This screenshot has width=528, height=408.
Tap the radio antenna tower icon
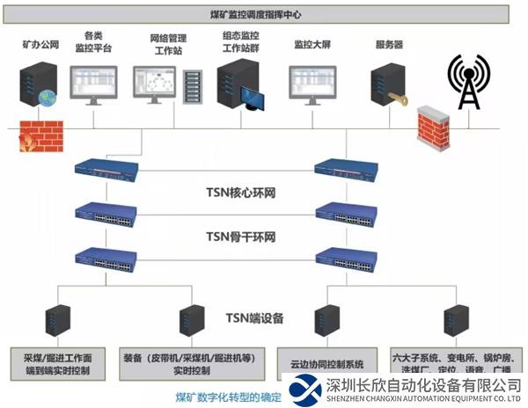pyautogui.click(x=467, y=84)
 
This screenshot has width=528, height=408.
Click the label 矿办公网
pyautogui.click(x=40, y=44)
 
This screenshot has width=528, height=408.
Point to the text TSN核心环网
pyautogui.click(x=240, y=193)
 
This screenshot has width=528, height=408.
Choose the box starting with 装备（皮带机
pyautogui.click(x=195, y=365)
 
